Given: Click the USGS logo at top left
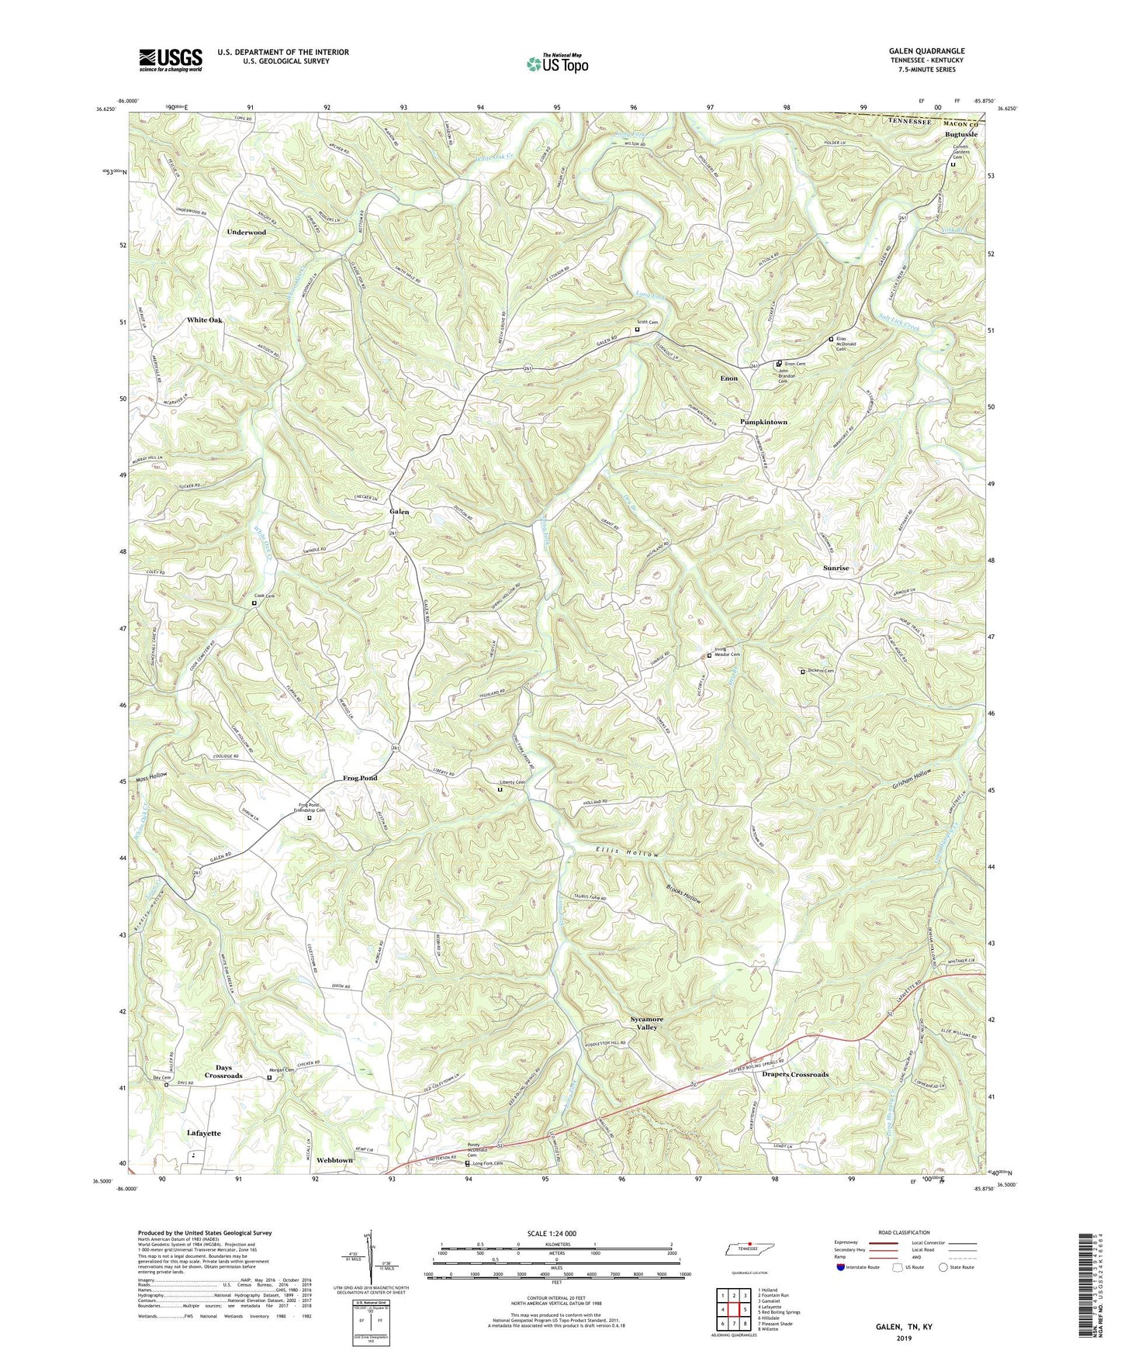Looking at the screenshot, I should point(171,59).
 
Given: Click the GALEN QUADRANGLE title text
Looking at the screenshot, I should point(926,51).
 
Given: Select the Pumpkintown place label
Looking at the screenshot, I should point(763,422).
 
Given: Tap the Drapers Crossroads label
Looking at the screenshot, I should point(794,1075).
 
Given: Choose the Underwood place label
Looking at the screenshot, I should point(247,232).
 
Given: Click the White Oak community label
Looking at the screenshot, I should point(204,320).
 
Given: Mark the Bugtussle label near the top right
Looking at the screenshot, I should point(960,134).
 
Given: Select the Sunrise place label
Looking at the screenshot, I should point(836,568).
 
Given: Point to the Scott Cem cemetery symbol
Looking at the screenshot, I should point(638,329).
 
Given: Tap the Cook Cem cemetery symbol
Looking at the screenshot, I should point(254,603).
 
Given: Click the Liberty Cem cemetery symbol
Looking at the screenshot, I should point(499,789).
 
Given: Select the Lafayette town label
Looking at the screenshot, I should point(203,1133).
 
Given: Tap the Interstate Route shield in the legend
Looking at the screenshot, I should point(841,1267).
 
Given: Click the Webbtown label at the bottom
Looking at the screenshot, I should point(334,1160).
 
